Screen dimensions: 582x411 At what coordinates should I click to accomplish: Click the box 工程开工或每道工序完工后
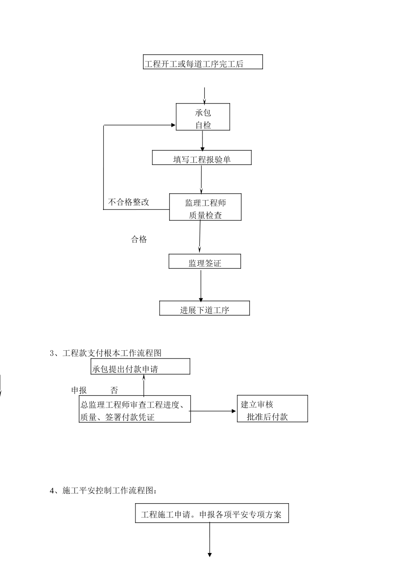coord(202,62)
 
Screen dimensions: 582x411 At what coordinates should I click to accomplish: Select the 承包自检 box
coord(202,117)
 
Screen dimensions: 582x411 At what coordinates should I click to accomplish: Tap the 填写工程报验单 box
coord(202,158)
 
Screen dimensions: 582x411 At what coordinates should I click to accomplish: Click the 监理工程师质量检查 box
coord(205,207)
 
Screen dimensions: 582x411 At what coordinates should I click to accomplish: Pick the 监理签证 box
coord(205,262)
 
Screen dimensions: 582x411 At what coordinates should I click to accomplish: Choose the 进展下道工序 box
coord(205,308)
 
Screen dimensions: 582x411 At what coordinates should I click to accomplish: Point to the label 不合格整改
coord(128,202)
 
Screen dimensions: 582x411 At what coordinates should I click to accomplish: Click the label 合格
coord(139,239)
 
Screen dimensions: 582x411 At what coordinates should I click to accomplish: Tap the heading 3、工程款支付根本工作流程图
coord(106,353)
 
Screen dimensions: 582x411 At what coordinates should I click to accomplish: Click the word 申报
coord(79,391)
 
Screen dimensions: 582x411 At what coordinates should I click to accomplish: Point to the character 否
coord(114,391)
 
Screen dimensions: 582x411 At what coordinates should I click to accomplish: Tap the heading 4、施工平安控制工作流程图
coord(104,491)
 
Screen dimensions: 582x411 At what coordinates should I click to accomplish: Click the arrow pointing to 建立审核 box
coord(214,411)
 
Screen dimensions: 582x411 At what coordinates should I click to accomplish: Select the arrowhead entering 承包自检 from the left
coord(173,125)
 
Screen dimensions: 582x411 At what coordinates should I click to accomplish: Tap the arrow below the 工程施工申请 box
coord(210,540)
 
